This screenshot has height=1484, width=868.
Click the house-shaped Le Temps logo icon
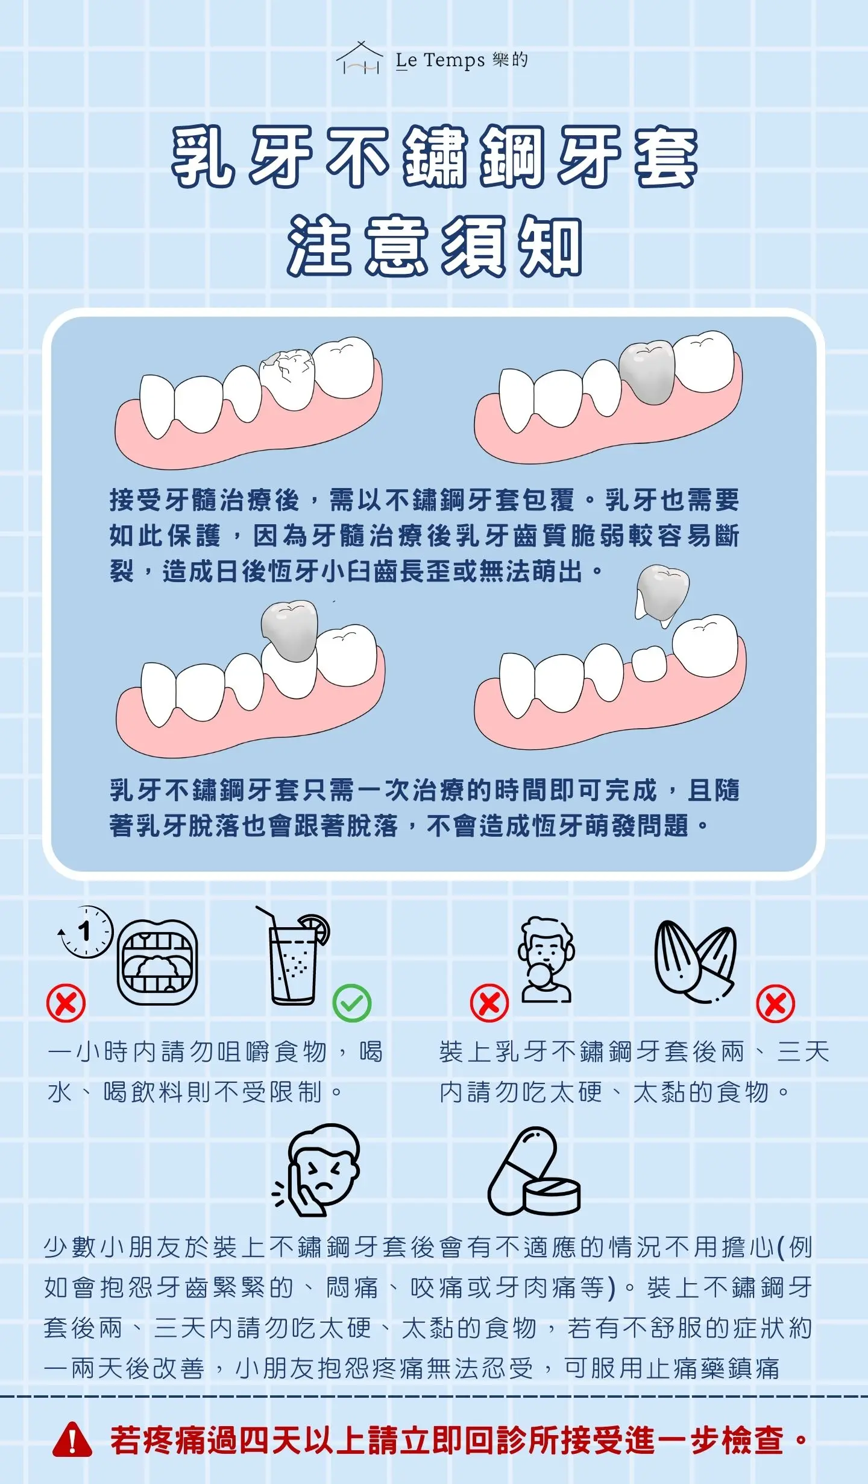click(360, 58)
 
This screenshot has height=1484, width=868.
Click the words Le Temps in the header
click(440, 60)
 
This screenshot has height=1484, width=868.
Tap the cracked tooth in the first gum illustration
click(288, 379)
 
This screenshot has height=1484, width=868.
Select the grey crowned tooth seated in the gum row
click(647, 372)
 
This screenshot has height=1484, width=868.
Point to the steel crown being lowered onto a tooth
click(289, 630)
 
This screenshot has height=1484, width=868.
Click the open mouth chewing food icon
click(157, 962)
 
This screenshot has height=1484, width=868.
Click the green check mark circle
click(352, 1003)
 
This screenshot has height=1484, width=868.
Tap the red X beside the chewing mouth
click(66, 1003)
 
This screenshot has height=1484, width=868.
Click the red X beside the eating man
click(489, 1003)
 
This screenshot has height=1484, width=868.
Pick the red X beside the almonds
click(776, 1003)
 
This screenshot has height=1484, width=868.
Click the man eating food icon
click(546, 960)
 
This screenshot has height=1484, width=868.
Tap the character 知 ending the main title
click(551, 246)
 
